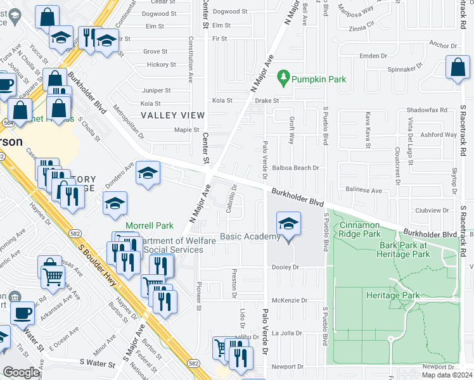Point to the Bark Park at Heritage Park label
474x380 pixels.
click(x=414, y=249)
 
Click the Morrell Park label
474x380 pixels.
click(x=150, y=225)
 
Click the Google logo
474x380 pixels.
click(x=21, y=372)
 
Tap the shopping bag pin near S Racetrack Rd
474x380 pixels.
click(x=458, y=67)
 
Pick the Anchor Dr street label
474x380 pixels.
click(x=443, y=45)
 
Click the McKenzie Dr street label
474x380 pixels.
click(x=290, y=300)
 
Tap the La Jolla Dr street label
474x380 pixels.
click(x=289, y=333)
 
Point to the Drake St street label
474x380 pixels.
click(x=267, y=101)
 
